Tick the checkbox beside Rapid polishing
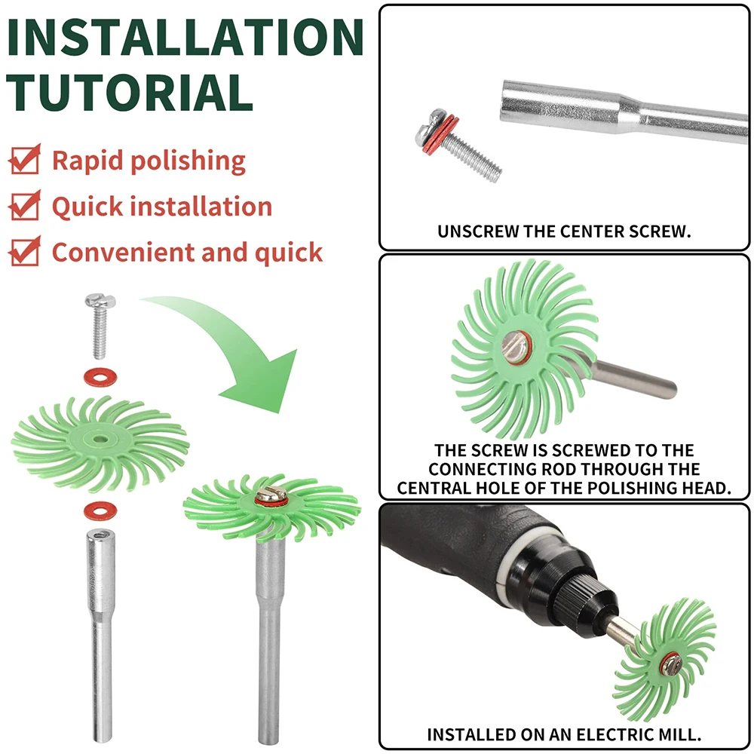pyautogui.click(x=25, y=161)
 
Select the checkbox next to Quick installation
pyautogui.click(x=25, y=207)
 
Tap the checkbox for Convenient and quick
pyautogui.click(x=25, y=252)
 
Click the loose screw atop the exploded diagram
pyautogui.click(x=99, y=326)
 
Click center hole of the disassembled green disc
pyautogui.click(x=99, y=437)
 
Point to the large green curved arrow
pyautogui.click(x=241, y=354)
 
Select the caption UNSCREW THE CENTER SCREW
pyautogui.click(x=564, y=231)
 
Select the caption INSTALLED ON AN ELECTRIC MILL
pyautogui.click(x=564, y=734)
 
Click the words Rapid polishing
pyautogui.click(x=149, y=161)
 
